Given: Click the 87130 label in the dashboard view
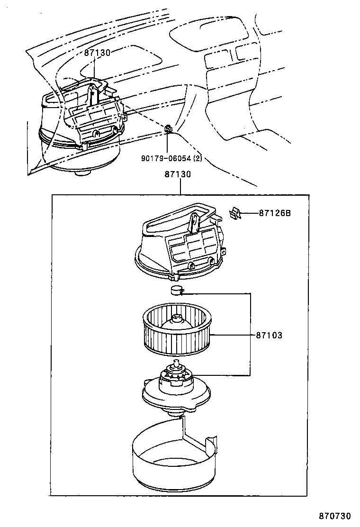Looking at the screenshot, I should tap(97, 53).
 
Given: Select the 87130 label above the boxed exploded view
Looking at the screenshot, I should tap(178, 174).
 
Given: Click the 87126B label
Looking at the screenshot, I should tap(275, 213).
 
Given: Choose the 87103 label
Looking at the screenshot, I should tap(269, 335).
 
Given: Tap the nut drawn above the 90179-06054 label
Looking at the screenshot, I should tap(168, 128).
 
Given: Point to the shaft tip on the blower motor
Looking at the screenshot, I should tap(179, 364).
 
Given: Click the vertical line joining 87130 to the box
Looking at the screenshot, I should tap(180, 187).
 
